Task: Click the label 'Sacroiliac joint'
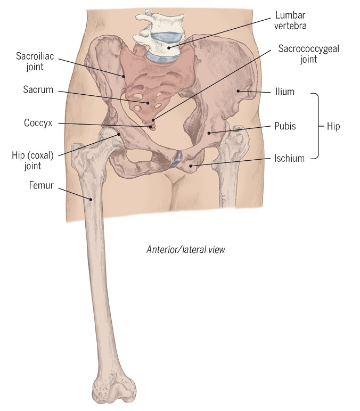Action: coord(35,61)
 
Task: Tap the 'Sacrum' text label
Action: coord(38,89)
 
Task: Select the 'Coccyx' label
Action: coord(38,122)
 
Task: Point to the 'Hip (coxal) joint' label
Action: coord(33,160)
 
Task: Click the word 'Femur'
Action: coord(41,185)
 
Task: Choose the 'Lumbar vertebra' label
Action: coord(290,20)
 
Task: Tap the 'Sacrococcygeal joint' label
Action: coord(308,54)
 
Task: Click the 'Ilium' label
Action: coord(285,92)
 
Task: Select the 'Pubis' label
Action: coord(285,126)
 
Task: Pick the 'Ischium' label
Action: coord(289,158)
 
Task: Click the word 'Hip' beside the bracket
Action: coord(333,126)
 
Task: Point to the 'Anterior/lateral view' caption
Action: coord(186,250)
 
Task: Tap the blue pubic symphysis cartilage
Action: coord(176,159)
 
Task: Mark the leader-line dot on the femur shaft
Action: coord(91,199)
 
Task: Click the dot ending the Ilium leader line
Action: coord(238,91)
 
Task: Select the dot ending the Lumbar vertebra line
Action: coord(169,48)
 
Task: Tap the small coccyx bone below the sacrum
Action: coord(151,125)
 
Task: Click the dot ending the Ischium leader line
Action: coord(191,166)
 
